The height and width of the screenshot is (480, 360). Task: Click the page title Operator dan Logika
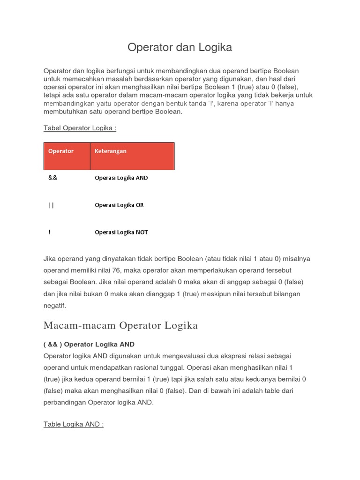[x=180, y=47]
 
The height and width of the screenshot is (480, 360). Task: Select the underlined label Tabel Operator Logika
[x=80, y=128]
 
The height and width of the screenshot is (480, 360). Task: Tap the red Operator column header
[x=61, y=151]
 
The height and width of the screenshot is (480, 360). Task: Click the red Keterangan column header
[x=111, y=151]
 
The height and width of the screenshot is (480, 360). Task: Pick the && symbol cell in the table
[x=52, y=178]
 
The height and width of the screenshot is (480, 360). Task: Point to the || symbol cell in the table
[x=51, y=205]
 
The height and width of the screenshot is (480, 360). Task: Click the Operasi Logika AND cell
[x=121, y=178]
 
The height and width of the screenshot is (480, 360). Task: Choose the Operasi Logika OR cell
[x=119, y=205]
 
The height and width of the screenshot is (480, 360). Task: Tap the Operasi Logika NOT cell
[x=121, y=232]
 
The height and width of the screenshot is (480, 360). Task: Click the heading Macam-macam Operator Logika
[x=120, y=325]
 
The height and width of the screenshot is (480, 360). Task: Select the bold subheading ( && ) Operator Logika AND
[x=89, y=345]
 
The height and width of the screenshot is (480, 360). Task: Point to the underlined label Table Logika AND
[x=74, y=424]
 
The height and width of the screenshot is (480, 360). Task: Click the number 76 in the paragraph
[x=120, y=270]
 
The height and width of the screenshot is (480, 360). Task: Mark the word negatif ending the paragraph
[x=55, y=306]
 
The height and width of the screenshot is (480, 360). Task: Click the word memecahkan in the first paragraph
[x=81, y=79]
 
